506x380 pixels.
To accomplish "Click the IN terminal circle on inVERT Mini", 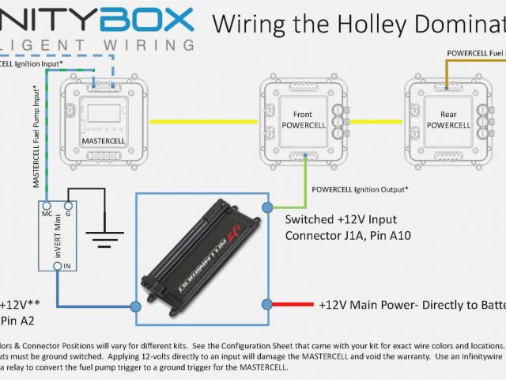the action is pyautogui.click(x=57, y=266).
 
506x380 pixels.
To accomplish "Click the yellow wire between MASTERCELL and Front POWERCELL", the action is pyautogui.click(x=205, y=121).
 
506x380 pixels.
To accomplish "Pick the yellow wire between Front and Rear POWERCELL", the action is pyautogui.click(x=376, y=121).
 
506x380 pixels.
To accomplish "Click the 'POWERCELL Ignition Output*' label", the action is pyautogui.click(x=361, y=189).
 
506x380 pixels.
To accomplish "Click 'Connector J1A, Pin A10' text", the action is pyautogui.click(x=347, y=235).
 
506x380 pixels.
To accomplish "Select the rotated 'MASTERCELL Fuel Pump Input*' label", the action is pyautogui.click(x=36, y=139).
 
